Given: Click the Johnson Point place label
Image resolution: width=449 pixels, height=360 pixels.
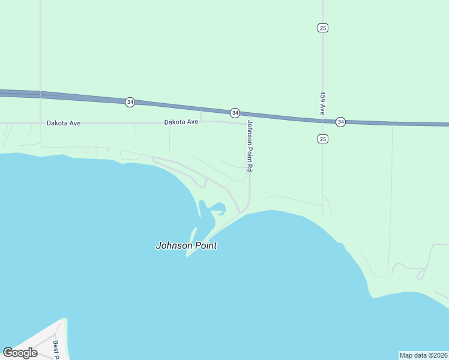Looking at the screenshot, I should tap(186, 245).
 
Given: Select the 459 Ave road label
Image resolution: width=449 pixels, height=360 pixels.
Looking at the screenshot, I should tap(323, 103).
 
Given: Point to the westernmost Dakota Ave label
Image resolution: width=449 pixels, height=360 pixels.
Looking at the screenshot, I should tap(63, 123).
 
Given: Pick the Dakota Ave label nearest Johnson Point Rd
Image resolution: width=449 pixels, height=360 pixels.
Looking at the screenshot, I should tap(181, 122).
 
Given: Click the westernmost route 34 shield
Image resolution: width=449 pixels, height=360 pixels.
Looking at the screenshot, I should tap(130, 102).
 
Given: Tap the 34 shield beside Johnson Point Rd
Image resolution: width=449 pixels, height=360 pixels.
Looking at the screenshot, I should tap(235, 113).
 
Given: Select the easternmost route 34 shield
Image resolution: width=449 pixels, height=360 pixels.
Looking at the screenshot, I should tap(340, 122).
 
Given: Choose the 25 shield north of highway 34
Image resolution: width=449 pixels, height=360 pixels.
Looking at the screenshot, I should tap(323, 28).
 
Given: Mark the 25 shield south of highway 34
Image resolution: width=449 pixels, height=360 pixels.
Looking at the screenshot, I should tap(323, 139).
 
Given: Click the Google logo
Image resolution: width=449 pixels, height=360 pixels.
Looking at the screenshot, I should tap(20, 353).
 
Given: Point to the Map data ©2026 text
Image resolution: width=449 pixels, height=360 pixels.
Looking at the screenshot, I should tap(424, 355).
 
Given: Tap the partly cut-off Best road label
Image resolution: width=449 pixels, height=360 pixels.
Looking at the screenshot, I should tap(56, 349).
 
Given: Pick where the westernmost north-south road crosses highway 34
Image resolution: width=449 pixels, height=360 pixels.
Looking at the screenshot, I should tap(40, 94).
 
